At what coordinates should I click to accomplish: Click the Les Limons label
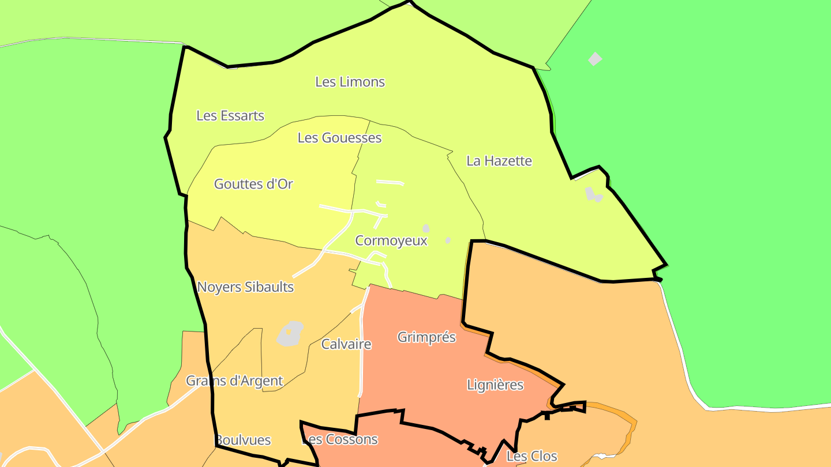click(350, 82)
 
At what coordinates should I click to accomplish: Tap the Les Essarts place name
click(230, 115)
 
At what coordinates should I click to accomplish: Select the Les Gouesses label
click(339, 138)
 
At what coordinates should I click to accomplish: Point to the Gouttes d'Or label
click(253, 184)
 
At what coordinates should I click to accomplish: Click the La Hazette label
click(499, 161)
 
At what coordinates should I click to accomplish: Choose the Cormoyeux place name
click(391, 240)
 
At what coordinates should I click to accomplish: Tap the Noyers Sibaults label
click(246, 287)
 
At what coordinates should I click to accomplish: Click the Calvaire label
click(346, 344)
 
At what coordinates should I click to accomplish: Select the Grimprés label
click(426, 337)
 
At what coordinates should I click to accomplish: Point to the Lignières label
click(495, 385)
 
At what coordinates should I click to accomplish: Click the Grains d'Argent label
click(234, 381)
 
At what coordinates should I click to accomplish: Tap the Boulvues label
click(243, 440)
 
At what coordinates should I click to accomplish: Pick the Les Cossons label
click(340, 439)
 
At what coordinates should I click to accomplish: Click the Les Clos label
click(531, 457)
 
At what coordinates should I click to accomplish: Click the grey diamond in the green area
click(595, 59)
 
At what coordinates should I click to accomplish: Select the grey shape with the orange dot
click(290, 333)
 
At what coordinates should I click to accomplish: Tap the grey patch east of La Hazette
click(593, 194)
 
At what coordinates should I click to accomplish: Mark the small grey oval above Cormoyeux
click(426, 228)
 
